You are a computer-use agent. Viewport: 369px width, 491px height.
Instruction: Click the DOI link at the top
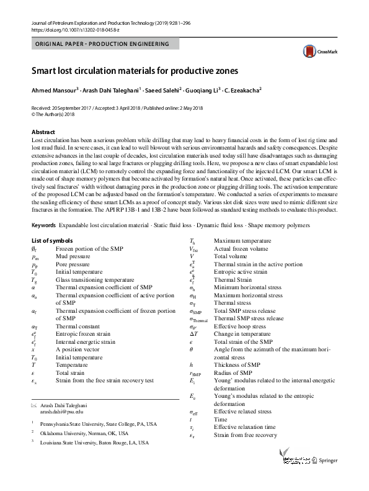(x=68, y=29)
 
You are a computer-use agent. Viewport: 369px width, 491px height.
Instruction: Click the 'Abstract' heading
(x=43, y=132)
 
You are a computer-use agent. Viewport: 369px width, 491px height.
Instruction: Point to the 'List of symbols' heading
(x=51, y=240)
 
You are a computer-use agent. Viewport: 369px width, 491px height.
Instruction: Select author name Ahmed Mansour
(x=55, y=91)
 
